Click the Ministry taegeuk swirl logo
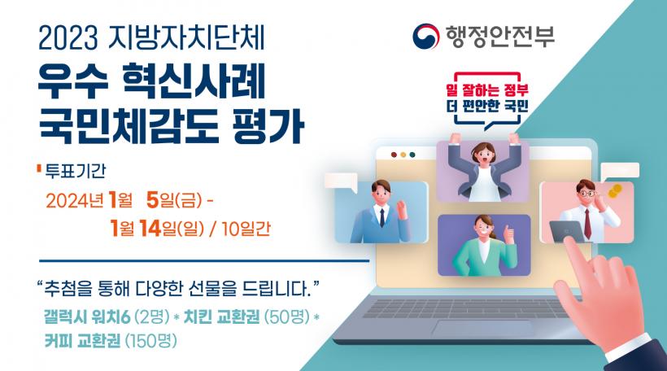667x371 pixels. pyautogui.click(x=425, y=36)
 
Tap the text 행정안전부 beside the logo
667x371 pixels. pyautogui.click(x=499, y=36)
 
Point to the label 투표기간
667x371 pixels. pyautogui.click(x=76, y=171)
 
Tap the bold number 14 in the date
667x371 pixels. pyautogui.click(x=150, y=229)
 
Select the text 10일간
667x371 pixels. pyautogui.click(x=246, y=229)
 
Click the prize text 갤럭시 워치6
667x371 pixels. pyautogui.click(x=87, y=316)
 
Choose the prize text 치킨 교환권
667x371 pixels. pyautogui.click(x=221, y=316)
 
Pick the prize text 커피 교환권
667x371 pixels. pyautogui.click(x=82, y=341)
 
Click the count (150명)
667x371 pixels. pyautogui.click(x=151, y=341)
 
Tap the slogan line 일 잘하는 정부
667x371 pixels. pyautogui.click(x=487, y=90)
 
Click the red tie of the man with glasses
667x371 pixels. pyautogui.click(x=587, y=224)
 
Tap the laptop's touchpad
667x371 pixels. pyautogui.click(x=482, y=329)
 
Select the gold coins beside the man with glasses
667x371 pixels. pyautogui.click(x=615, y=190)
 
